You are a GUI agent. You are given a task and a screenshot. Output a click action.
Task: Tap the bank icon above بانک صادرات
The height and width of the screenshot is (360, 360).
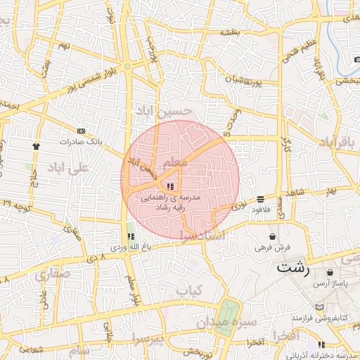82,131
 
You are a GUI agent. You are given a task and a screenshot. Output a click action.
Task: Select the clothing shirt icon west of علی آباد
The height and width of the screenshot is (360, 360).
36,146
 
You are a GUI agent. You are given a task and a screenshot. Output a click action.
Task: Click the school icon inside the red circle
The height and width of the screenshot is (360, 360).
170,186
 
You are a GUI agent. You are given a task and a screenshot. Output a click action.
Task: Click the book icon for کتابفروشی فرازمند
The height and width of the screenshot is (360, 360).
321,308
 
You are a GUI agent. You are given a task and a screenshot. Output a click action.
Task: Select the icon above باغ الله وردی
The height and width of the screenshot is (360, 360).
130,236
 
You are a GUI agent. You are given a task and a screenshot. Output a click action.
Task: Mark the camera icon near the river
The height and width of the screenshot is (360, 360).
352,70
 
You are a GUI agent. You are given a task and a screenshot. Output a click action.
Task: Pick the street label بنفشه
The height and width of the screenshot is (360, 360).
231,32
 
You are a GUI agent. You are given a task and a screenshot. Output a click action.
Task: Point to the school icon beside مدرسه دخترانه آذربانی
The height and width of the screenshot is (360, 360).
321,345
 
